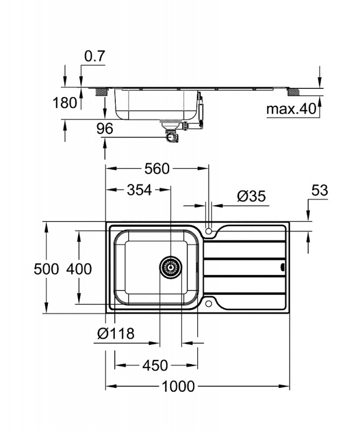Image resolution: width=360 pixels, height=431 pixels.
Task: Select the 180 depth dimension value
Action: tap(66, 102)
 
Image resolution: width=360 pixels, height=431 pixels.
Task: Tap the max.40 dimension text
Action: tap(290, 109)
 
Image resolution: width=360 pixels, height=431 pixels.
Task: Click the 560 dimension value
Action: tap(157, 169)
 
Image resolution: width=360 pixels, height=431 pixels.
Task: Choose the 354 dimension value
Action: tap(139, 190)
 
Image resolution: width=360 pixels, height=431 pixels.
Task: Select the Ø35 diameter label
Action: tap(252, 196)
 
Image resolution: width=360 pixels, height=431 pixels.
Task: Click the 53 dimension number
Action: tap(320, 190)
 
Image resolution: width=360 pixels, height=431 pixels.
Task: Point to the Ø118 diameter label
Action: tap(116, 334)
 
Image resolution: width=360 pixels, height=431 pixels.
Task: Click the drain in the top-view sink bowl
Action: tap(170, 266)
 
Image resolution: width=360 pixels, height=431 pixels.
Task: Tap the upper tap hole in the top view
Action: tap(209, 230)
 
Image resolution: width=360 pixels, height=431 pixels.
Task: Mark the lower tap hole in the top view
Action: tap(209, 304)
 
